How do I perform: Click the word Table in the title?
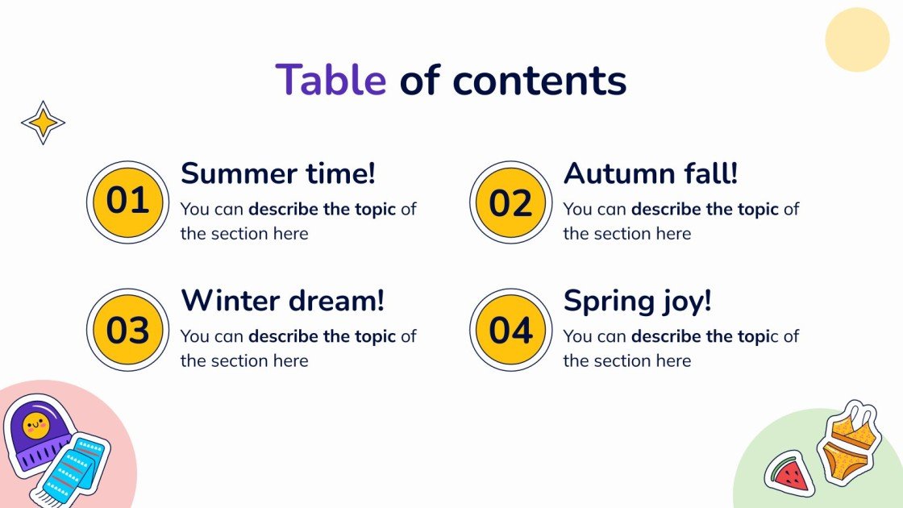331,80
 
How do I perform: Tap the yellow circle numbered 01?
127,202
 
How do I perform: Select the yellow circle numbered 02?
510,202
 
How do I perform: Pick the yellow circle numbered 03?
127,330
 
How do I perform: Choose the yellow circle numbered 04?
510,330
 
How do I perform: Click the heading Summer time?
278,173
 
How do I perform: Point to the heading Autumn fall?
651,173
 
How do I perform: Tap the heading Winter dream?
282,301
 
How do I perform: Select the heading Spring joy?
637,301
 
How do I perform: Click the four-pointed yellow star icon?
43,123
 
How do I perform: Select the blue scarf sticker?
73,468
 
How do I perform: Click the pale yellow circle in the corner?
857,40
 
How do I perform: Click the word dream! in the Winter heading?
338,301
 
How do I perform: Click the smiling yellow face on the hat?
35,423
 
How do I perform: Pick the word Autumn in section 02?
614,173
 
